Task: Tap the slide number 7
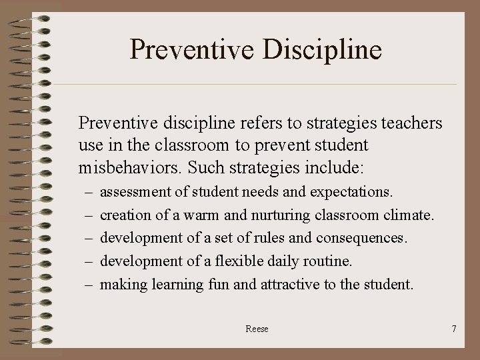tap(453, 329)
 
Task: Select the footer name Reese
tap(257, 329)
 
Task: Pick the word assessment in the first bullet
tap(137, 193)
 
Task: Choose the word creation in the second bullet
tap(125, 215)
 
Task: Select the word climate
tap(410, 215)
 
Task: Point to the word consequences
tap(361, 238)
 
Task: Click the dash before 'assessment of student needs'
tap(89, 193)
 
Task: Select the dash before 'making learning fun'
tap(89, 285)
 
